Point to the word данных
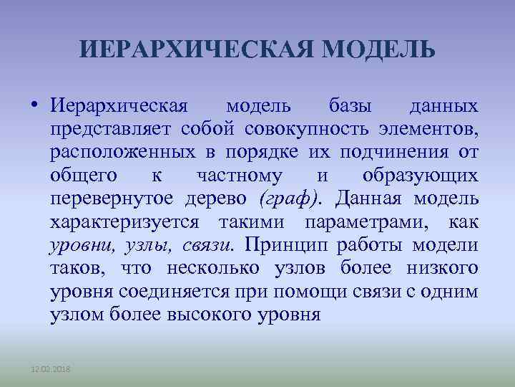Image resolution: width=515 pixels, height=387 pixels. [x=443, y=107]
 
